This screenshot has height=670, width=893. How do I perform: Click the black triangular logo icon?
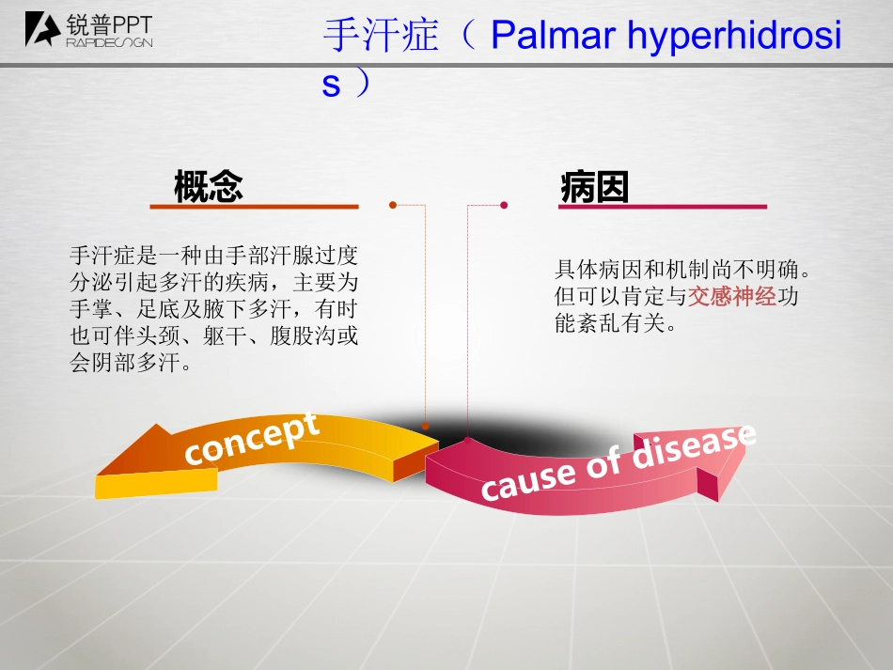[42, 29]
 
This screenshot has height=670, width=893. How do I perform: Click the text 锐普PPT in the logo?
[109, 24]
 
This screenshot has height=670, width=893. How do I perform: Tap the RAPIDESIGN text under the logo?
[109, 42]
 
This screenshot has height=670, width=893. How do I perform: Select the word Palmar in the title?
[553, 35]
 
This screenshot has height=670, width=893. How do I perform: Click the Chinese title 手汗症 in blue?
[381, 36]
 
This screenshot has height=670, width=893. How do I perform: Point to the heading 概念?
[209, 186]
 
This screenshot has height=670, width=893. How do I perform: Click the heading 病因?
[595, 187]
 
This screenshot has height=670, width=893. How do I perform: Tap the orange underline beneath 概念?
[254, 207]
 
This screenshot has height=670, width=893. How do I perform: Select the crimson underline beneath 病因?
[663, 207]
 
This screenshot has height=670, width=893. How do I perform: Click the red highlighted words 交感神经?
[732, 297]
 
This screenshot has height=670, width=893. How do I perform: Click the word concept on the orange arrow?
[251, 439]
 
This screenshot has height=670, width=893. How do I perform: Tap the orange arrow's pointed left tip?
[98, 475]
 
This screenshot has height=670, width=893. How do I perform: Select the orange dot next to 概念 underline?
[392, 205]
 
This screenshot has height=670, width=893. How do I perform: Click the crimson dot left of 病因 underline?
[504, 205]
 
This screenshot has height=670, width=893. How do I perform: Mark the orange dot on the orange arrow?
[426, 426]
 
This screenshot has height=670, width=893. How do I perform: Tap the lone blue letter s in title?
[331, 85]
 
